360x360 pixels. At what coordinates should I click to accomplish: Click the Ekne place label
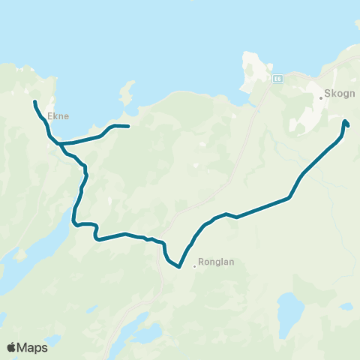point(58,116)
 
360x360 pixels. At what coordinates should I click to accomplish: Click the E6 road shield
point(277,78)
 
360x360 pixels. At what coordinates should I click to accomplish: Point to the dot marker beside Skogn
point(321,97)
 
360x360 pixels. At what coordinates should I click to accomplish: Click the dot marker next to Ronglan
point(194,264)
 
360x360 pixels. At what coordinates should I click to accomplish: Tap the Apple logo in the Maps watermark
point(12,347)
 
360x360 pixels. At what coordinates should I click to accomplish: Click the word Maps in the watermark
point(34,347)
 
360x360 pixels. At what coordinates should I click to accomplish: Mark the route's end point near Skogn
point(345,121)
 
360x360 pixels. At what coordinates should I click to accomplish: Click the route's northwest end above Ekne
point(34,100)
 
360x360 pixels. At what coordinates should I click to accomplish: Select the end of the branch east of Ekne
point(129,126)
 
